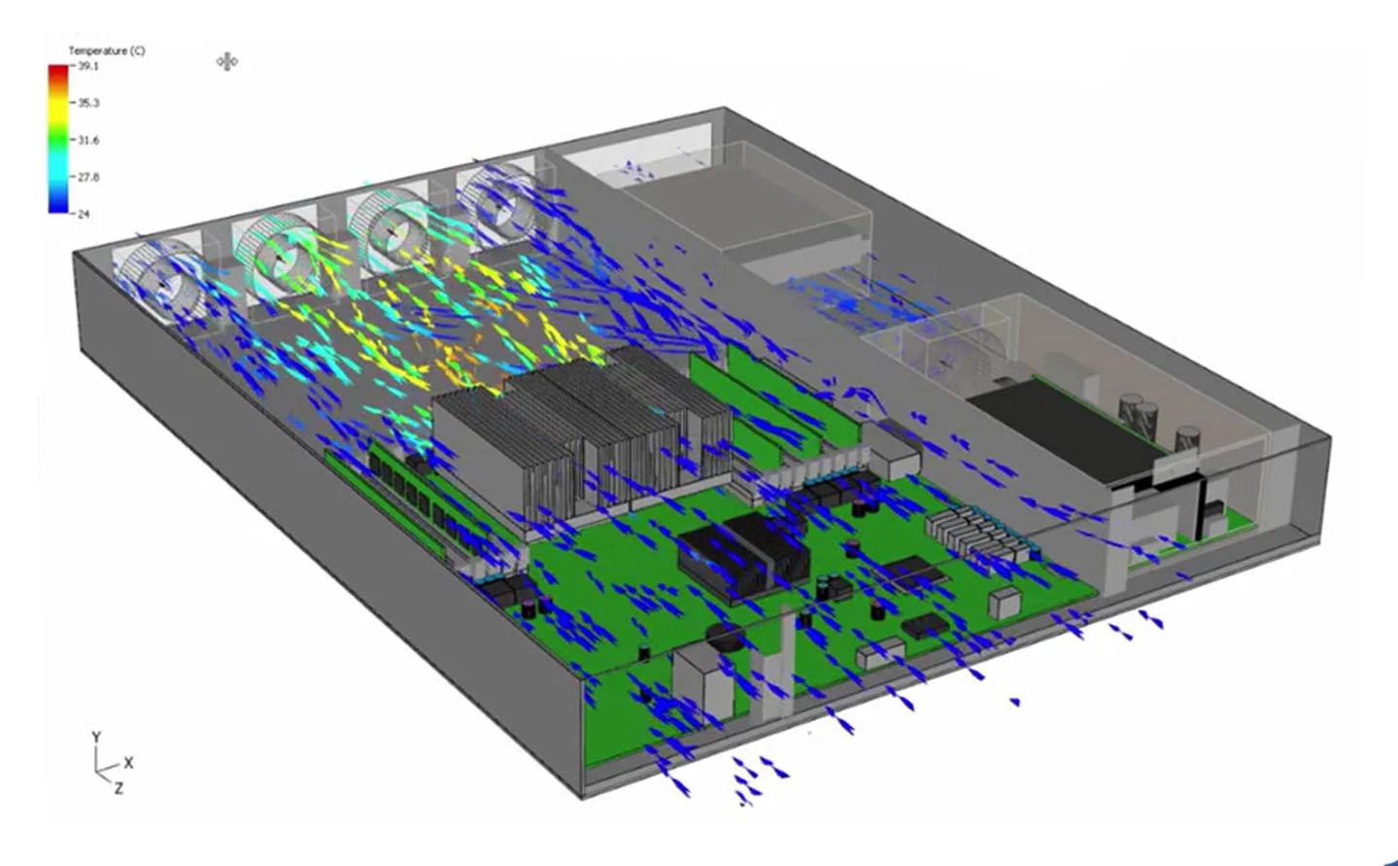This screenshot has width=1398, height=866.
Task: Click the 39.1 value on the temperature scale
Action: pos(88,66)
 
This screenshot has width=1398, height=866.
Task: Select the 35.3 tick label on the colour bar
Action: pos(88,103)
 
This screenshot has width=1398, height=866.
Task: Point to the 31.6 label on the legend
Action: pos(88,141)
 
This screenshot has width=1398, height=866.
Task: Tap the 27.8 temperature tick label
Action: pos(88,177)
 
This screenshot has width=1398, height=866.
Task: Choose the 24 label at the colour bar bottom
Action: pos(84,214)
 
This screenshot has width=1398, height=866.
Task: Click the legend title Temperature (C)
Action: pos(107,51)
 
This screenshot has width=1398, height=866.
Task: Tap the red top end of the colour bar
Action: pos(58,70)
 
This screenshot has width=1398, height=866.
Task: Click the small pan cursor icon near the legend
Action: pos(227,62)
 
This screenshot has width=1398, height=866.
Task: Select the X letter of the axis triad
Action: pos(128,763)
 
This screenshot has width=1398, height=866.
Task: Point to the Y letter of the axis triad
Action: pos(96,738)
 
